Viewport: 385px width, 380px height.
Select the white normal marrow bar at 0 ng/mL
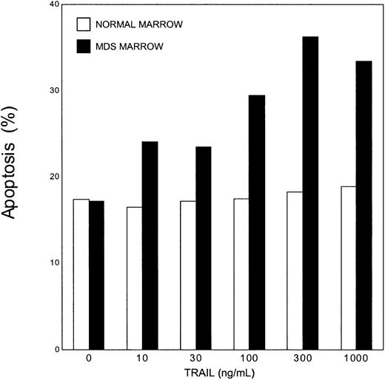tap(81, 274)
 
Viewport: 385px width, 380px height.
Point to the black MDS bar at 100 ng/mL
tap(257, 222)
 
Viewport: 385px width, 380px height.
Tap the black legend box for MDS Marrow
tap(84, 47)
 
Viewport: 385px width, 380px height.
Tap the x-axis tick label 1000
tap(355, 359)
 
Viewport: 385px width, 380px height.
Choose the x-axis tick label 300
tap(302, 359)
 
